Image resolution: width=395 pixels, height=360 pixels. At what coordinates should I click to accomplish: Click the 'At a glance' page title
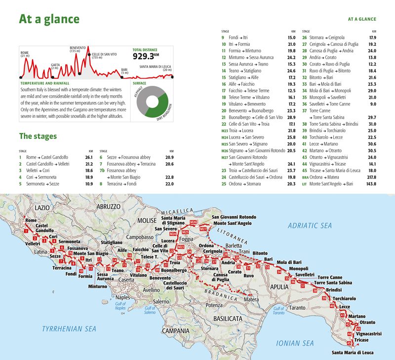(x=49, y=19)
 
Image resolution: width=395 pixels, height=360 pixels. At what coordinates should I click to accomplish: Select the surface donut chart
(x=153, y=102)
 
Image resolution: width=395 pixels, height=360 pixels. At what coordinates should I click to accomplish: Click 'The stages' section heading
(x=38, y=136)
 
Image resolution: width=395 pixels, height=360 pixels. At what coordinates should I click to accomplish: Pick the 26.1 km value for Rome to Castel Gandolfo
(x=89, y=157)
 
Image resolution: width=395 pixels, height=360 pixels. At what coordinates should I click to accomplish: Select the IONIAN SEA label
(x=295, y=343)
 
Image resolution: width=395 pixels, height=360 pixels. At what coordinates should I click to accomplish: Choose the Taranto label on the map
(x=297, y=308)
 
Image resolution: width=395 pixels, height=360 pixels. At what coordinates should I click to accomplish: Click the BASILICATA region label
(x=227, y=319)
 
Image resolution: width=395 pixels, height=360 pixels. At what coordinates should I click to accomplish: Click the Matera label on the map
(x=251, y=299)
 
